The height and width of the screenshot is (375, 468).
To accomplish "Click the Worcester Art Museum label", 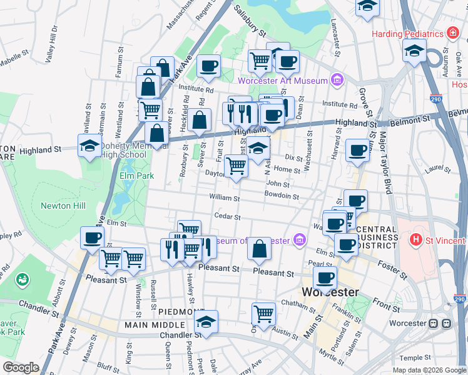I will [x=282, y=81].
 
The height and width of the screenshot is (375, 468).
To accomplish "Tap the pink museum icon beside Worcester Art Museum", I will [x=337, y=80].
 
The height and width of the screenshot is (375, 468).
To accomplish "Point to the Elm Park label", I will [x=136, y=176].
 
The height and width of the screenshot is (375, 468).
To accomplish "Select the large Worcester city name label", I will [x=331, y=292].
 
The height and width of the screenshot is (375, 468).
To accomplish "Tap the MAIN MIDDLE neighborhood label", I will [x=154, y=325].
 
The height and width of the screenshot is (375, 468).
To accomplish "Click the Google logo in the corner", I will [x=21, y=367].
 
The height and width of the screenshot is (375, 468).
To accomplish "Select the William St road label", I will [x=225, y=198].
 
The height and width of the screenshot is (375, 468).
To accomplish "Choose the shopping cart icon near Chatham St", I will [x=263, y=314].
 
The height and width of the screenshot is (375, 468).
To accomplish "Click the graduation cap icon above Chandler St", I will [x=206, y=321].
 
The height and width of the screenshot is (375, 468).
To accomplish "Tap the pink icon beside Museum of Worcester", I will [x=300, y=240].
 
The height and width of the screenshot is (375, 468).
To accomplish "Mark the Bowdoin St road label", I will [x=281, y=196].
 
